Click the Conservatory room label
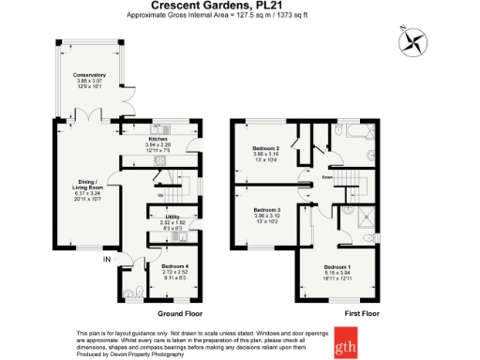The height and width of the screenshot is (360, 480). pos(92,75)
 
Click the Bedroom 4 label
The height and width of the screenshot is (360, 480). pos(174,266)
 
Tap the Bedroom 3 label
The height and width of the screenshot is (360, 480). pos(267,210)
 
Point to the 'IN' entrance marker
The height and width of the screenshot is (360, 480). pos(107,259)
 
